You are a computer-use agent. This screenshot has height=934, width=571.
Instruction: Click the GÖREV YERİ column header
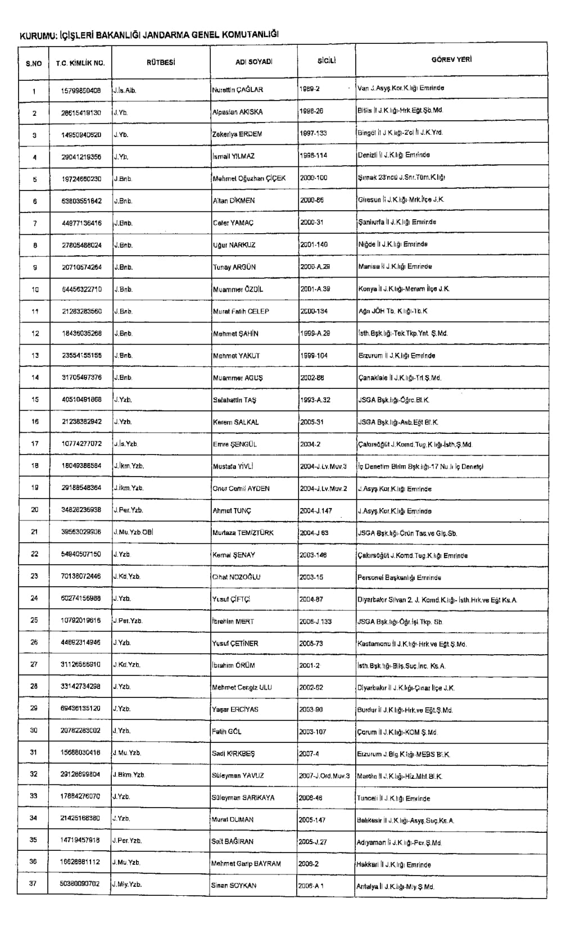(451, 60)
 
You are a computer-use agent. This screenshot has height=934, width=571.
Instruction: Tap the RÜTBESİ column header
(161, 62)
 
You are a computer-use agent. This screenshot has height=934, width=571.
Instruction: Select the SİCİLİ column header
(326, 61)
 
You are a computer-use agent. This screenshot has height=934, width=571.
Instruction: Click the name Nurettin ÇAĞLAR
(237, 89)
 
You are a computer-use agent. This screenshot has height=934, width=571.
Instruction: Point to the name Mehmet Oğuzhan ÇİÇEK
(249, 178)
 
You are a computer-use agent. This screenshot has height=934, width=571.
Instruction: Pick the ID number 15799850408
(81, 90)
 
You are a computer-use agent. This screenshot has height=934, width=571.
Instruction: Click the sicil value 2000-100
(314, 178)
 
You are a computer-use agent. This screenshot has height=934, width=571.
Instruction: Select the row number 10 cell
(35, 289)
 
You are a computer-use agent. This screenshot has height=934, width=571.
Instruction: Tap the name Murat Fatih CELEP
(241, 311)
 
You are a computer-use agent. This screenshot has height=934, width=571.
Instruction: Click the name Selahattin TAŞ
(234, 400)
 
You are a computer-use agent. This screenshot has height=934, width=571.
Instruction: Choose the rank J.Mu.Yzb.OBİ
(133, 532)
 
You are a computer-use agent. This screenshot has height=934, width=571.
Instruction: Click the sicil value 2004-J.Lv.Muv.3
(324, 466)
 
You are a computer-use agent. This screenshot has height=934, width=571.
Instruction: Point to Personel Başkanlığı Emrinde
(399, 577)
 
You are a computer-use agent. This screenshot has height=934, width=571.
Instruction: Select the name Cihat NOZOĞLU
(236, 577)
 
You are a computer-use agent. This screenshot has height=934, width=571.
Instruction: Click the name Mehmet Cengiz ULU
(242, 687)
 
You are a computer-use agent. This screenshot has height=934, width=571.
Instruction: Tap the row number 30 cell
(34, 731)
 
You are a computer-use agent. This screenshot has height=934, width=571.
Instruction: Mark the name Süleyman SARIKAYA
(243, 797)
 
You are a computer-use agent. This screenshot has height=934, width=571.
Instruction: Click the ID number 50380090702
(80, 884)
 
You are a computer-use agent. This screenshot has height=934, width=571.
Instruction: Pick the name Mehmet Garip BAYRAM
(246, 863)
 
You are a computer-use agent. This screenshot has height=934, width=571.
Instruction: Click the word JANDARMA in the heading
(166, 35)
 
